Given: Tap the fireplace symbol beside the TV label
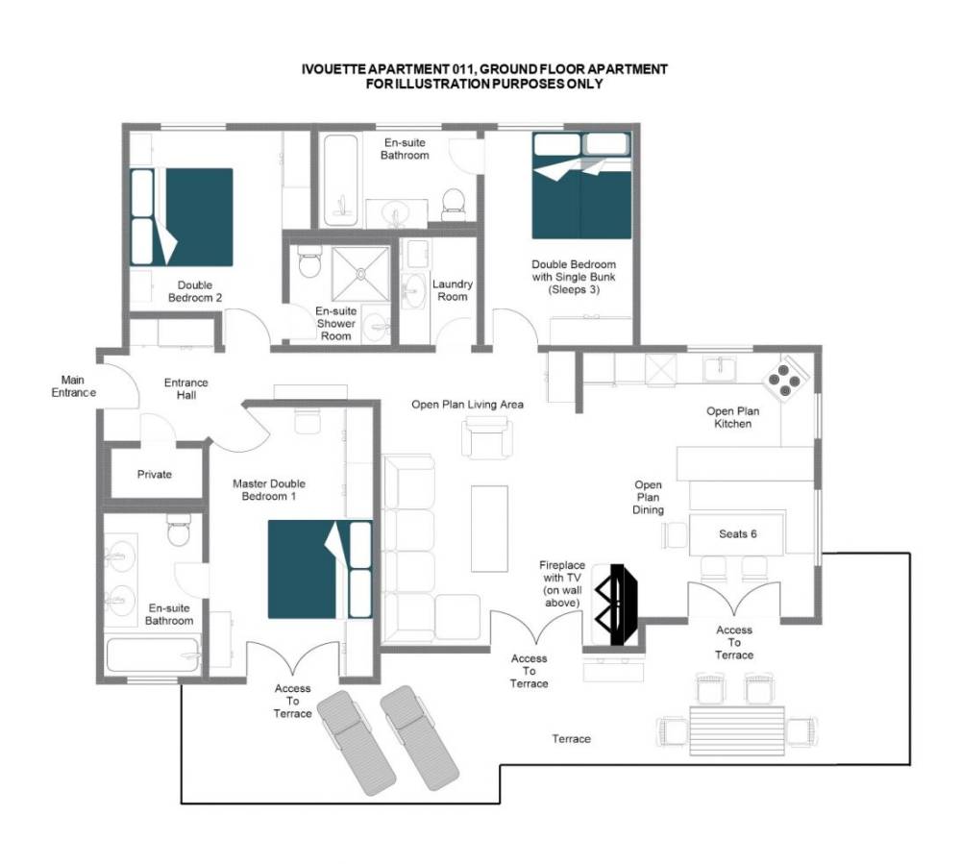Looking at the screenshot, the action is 617,605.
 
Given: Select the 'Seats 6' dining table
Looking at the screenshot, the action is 737,534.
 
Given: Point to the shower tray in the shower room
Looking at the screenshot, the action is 360,274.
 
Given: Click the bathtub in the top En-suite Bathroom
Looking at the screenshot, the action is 341,181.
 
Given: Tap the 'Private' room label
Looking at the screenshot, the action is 155,474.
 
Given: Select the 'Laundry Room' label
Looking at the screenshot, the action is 453,290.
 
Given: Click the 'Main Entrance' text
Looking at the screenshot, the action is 73,386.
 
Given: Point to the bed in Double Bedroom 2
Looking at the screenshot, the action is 182,217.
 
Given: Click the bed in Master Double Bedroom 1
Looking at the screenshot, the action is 320,569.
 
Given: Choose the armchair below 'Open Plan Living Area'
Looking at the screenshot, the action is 487,437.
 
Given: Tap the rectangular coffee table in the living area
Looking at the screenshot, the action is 490,529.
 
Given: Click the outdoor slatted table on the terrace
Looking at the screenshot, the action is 737,731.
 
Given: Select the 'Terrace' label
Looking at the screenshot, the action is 571,739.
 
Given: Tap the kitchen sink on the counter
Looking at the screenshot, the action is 720,369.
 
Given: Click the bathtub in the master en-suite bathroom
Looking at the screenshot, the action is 153,655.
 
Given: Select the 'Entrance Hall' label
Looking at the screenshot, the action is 186,389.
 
